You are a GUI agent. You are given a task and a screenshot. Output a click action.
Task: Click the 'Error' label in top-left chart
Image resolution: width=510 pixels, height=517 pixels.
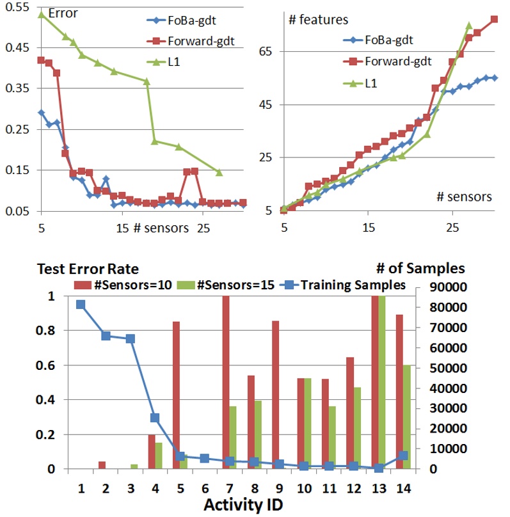coord(63,12)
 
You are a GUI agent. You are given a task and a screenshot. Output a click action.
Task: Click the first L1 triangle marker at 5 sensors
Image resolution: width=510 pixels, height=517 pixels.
coord(41,14)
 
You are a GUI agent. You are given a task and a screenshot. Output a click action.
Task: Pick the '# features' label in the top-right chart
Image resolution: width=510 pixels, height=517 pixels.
coord(318,20)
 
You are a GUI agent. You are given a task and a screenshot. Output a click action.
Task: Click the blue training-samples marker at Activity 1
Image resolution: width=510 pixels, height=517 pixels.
coord(81,305)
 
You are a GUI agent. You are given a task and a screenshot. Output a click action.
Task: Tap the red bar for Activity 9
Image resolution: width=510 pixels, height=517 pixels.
coord(274,395)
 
